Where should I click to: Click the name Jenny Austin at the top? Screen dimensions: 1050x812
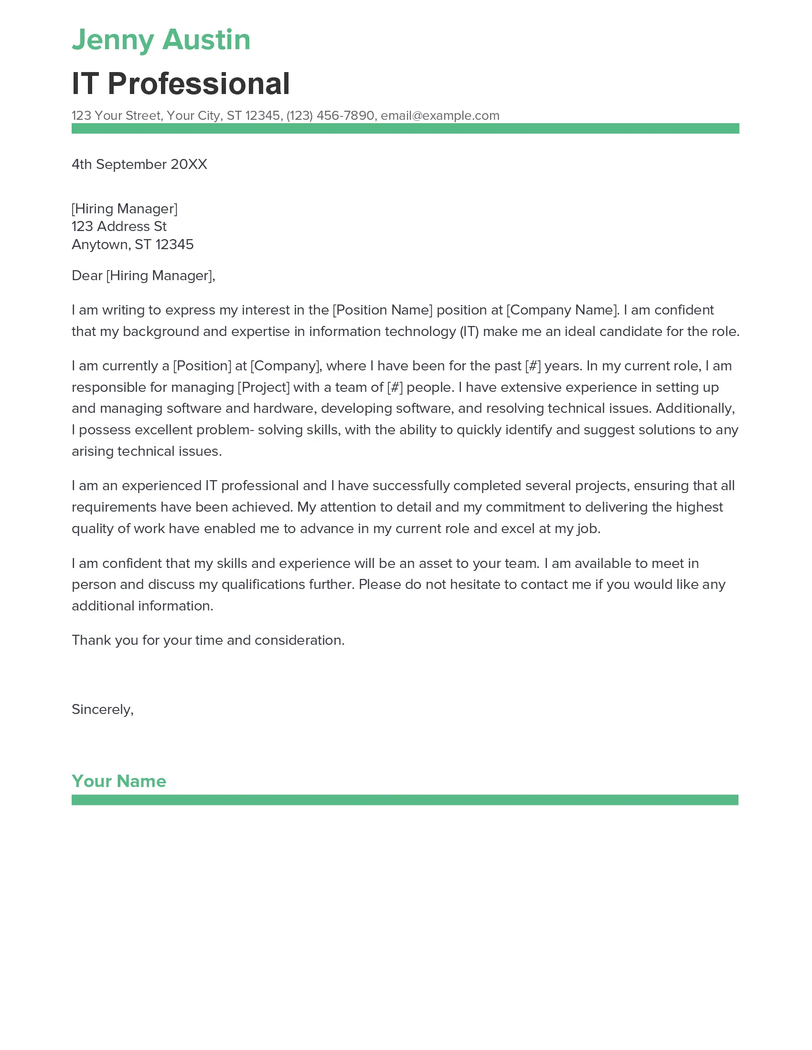[x=160, y=40]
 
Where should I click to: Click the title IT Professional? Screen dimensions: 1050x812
[x=181, y=84]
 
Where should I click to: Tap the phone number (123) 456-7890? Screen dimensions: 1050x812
[x=330, y=115]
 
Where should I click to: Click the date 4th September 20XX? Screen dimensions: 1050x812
[x=139, y=165]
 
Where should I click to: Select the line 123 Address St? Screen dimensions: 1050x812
[x=119, y=226]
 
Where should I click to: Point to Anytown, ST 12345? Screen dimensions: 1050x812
[x=132, y=245]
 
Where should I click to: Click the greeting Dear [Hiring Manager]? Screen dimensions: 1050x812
[x=143, y=275]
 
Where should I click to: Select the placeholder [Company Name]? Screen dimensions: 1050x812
[x=561, y=310]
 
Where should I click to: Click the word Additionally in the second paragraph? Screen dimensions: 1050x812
[x=694, y=409]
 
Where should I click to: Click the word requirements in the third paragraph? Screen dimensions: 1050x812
[x=114, y=507]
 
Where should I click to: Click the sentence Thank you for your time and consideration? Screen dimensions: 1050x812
[x=208, y=640]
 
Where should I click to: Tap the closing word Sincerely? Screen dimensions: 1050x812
[x=103, y=710]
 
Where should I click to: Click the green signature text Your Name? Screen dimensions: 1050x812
[x=119, y=781]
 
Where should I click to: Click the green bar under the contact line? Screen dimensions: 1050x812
[x=405, y=128]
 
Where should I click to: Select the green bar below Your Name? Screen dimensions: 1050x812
[x=405, y=800]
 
